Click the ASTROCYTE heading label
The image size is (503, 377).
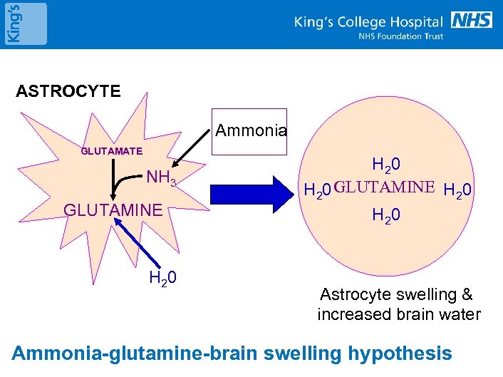[x=68, y=91]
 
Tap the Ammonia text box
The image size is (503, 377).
[x=251, y=131]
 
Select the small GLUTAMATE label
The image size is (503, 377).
[x=112, y=151]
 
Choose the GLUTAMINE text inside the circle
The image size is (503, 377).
[x=384, y=188]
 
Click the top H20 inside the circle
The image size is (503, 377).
[x=385, y=165]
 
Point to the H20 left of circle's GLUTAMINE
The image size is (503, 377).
[x=318, y=190]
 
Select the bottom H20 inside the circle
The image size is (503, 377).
[x=385, y=215]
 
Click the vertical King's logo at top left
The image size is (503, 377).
[x=24, y=24]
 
